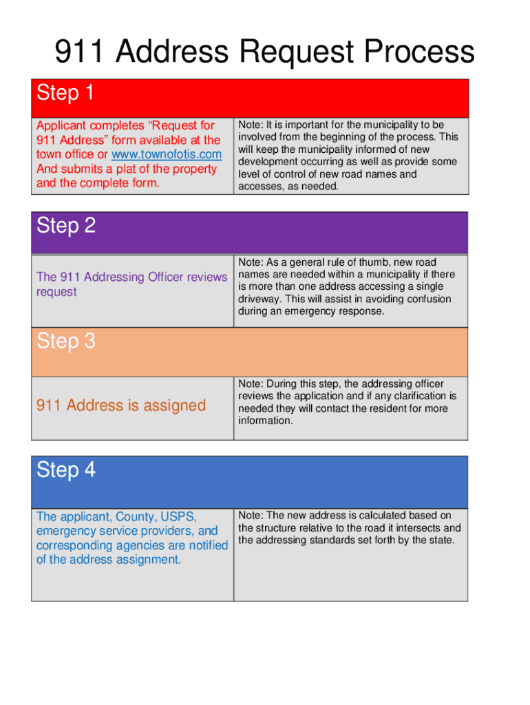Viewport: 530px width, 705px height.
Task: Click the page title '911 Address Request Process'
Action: pyautogui.click(x=264, y=52)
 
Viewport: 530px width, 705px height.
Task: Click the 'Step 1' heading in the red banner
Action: pyautogui.click(x=65, y=93)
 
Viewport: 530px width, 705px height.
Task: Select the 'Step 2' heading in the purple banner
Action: pyautogui.click(x=66, y=226)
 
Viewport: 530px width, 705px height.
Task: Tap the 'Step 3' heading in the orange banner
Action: pyautogui.click(x=66, y=341)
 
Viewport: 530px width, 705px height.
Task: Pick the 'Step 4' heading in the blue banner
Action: pyautogui.click(x=66, y=470)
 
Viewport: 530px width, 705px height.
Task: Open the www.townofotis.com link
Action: pyautogui.click(x=167, y=154)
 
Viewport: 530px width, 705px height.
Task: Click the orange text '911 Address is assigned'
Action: pyautogui.click(x=120, y=406)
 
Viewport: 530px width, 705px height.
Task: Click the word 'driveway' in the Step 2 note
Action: pyautogui.click(x=259, y=299)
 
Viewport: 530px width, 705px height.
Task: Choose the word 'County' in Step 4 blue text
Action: pyautogui.click(x=135, y=516)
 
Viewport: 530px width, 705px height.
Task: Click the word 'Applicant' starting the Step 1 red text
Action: pyautogui.click(x=60, y=125)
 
